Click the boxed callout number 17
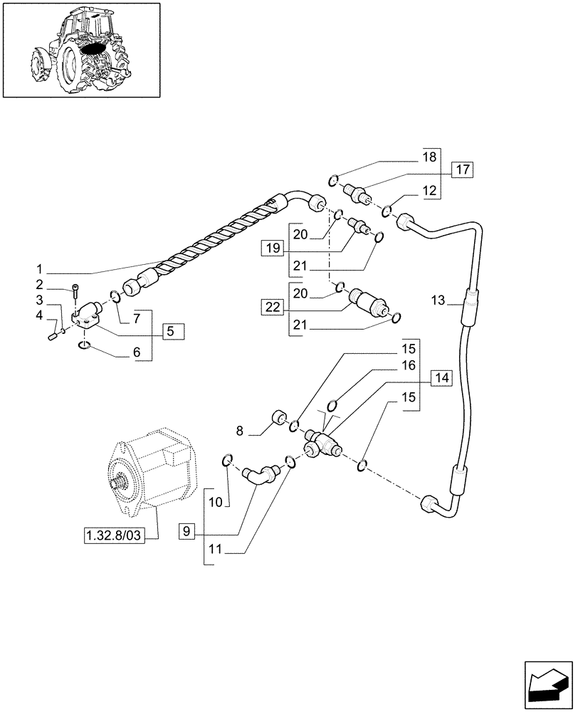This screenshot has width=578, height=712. coord(461,169)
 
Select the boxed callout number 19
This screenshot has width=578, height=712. coord(271,248)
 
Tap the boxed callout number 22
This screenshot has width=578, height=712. coord(271,307)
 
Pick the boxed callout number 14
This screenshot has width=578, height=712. coord(441,378)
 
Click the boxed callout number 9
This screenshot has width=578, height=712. coord(186,530)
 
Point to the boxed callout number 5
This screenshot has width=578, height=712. coord(172,330)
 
